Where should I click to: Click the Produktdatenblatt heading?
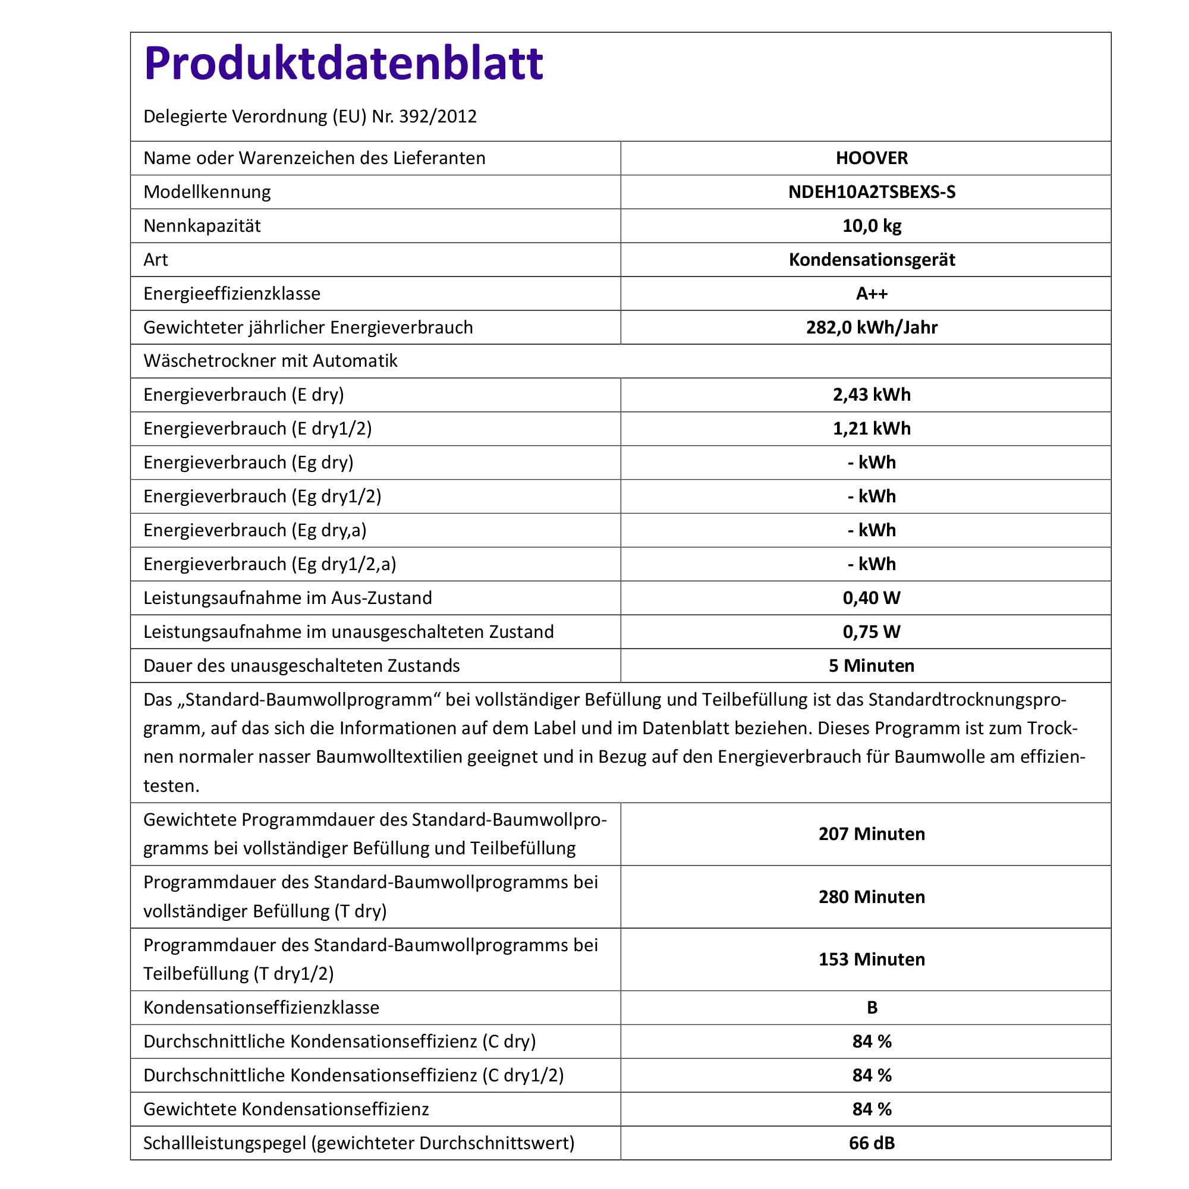tap(344, 64)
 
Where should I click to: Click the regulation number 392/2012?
tap(438, 117)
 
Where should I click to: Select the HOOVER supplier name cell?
tap(872, 158)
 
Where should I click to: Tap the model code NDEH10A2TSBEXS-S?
tap(872, 192)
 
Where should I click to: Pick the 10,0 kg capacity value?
tap(872, 226)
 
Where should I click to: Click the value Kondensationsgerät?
tap(872, 260)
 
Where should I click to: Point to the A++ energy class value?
tap(872, 294)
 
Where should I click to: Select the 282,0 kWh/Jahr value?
tap(872, 328)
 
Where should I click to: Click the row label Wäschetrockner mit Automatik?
tap(270, 361)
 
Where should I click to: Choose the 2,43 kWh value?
tap(872, 395)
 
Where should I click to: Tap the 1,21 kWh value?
tap(872, 428)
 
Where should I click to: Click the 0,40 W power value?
tap(872, 597)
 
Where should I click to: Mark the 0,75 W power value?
tap(872, 631)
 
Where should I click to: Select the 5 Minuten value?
tap(872, 665)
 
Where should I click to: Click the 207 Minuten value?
tap(872, 834)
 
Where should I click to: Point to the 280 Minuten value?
tap(872, 897)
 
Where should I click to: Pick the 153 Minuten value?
tap(872, 960)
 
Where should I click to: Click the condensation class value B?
tap(872, 1008)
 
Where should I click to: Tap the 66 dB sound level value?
tap(872, 1143)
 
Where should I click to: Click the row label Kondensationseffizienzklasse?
tap(261, 1008)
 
